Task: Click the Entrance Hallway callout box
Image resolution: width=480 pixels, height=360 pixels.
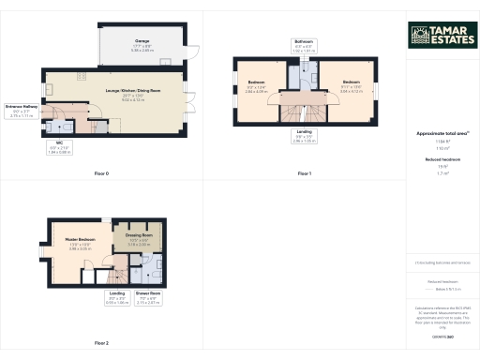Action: click(20, 110)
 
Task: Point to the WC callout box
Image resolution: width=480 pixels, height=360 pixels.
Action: click(60, 147)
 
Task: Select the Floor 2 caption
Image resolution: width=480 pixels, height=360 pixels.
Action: click(101, 344)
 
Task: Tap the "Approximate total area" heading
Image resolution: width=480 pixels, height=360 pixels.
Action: click(442, 134)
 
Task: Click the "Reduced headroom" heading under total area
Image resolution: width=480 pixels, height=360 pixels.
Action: click(442, 160)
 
